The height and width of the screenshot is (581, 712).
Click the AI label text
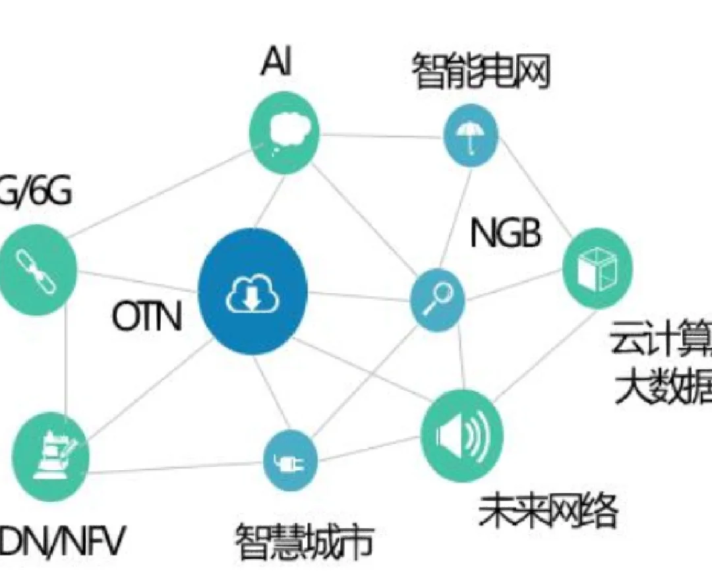[276, 62]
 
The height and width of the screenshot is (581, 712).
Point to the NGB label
[506, 234]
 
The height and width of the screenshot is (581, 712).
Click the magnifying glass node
[437, 300]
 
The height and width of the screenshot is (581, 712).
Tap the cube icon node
[597, 268]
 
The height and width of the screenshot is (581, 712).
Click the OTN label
[146, 317]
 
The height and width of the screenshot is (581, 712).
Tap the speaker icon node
[461, 435]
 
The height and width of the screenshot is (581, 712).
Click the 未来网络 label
[548, 512]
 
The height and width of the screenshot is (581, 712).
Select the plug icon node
[290, 460]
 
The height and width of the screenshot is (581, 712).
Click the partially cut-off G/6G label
[37, 195]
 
